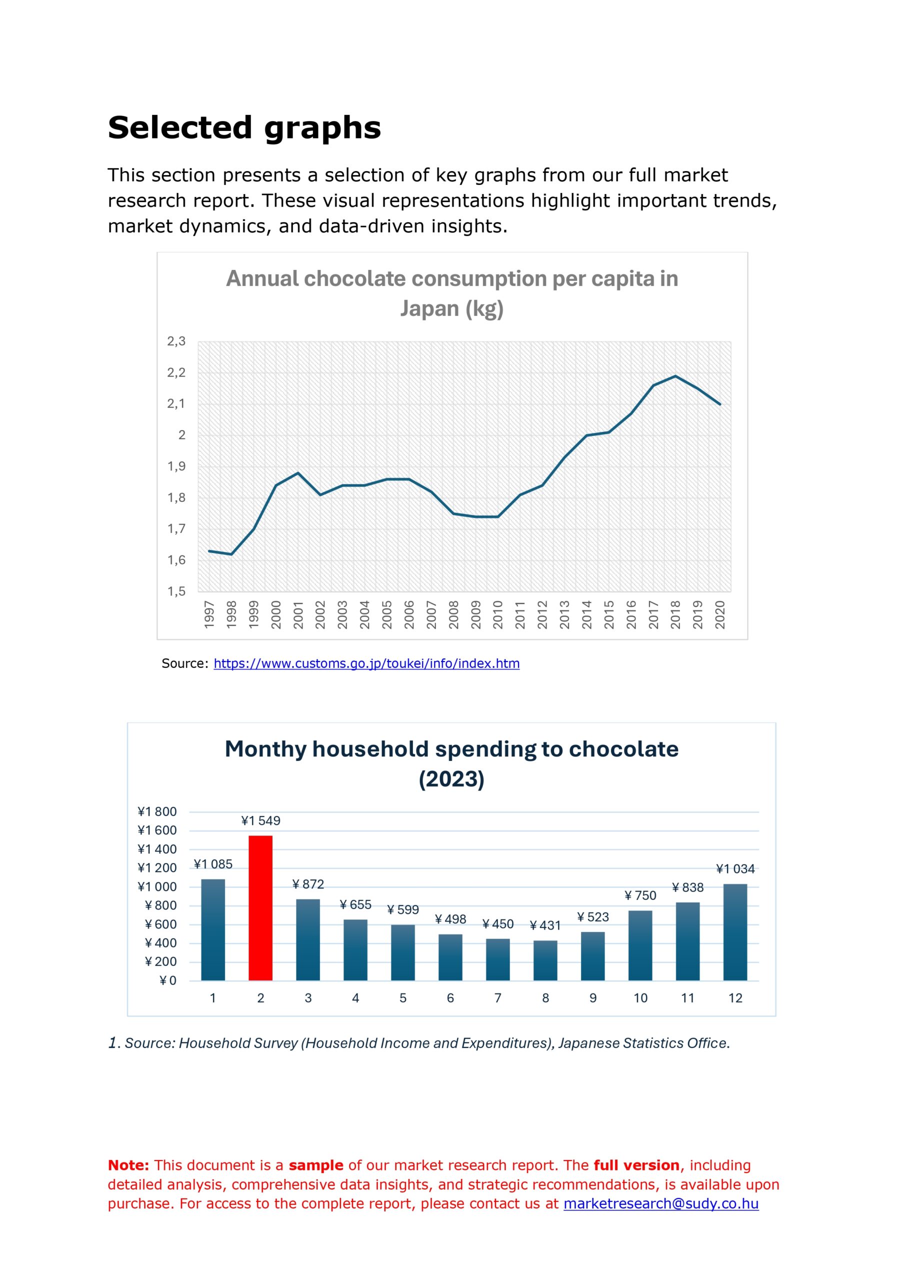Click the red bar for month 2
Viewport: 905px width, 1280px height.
tap(260, 907)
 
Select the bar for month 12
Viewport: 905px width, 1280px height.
tap(735, 932)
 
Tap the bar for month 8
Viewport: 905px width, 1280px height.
tap(545, 960)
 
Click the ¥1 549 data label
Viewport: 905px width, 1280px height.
tap(260, 820)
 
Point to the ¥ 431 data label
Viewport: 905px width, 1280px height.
tap(545, 925)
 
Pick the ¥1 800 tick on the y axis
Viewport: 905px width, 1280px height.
tap(157, 811)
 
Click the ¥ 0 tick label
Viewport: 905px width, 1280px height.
tap(168, 980)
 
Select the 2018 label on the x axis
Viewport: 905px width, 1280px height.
tap(675, 614)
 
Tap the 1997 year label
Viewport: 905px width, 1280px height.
tap(209, 614)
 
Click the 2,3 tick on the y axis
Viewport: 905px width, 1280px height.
tap(176, 341)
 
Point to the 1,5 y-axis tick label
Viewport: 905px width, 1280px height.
tap(176, 591)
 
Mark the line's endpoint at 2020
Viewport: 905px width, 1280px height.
tap(720, 404)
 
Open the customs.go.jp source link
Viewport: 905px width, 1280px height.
tap(366, 663)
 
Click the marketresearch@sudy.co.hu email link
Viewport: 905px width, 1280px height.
tap(661, 1203)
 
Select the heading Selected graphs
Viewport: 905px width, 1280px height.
tap(244, 128)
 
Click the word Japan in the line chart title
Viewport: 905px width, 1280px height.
tap(424, 308)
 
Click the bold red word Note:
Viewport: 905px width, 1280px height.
tap(128, 1165)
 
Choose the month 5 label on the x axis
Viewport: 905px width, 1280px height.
tap(402, 998)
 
